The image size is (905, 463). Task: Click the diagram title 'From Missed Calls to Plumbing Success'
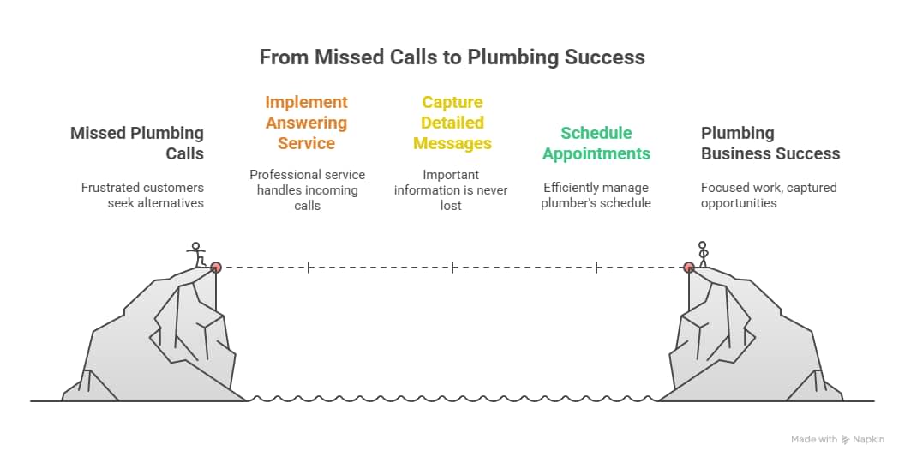[452, 57]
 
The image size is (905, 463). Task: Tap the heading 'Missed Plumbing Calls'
[137, 143]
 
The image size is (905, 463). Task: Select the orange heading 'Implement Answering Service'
[306, 123]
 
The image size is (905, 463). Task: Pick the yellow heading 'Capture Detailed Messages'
[452, 123]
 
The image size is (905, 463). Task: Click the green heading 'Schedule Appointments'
[596, 143]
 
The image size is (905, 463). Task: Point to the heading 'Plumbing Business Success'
[770, 143]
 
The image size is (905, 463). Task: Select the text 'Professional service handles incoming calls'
[307, 189]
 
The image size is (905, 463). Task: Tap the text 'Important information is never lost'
[451, 189]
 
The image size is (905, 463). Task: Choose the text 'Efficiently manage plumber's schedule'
[596, 195]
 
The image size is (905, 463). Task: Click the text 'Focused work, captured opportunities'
[769, 195]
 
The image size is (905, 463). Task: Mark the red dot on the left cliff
[216, 267]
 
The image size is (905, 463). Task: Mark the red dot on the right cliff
[689, 267]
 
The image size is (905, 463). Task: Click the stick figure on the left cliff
[197, 255]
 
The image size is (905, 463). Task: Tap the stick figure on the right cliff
[704, 253]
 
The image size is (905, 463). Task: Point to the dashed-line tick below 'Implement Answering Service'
[309, 268]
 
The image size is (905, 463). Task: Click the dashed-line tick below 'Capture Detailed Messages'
[452, 268]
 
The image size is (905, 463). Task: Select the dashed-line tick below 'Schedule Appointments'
[596, 268]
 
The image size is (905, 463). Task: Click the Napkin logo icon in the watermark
[846, 439]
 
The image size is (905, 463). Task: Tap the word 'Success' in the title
[608, 57]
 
